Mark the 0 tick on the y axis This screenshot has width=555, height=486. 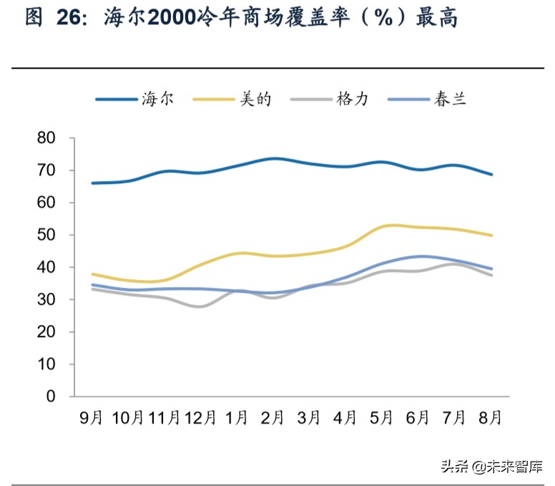(51, 396)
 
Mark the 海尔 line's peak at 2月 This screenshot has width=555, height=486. (274, 158)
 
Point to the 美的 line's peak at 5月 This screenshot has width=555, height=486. (390, 225)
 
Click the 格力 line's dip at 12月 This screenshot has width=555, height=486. (198, 306)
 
